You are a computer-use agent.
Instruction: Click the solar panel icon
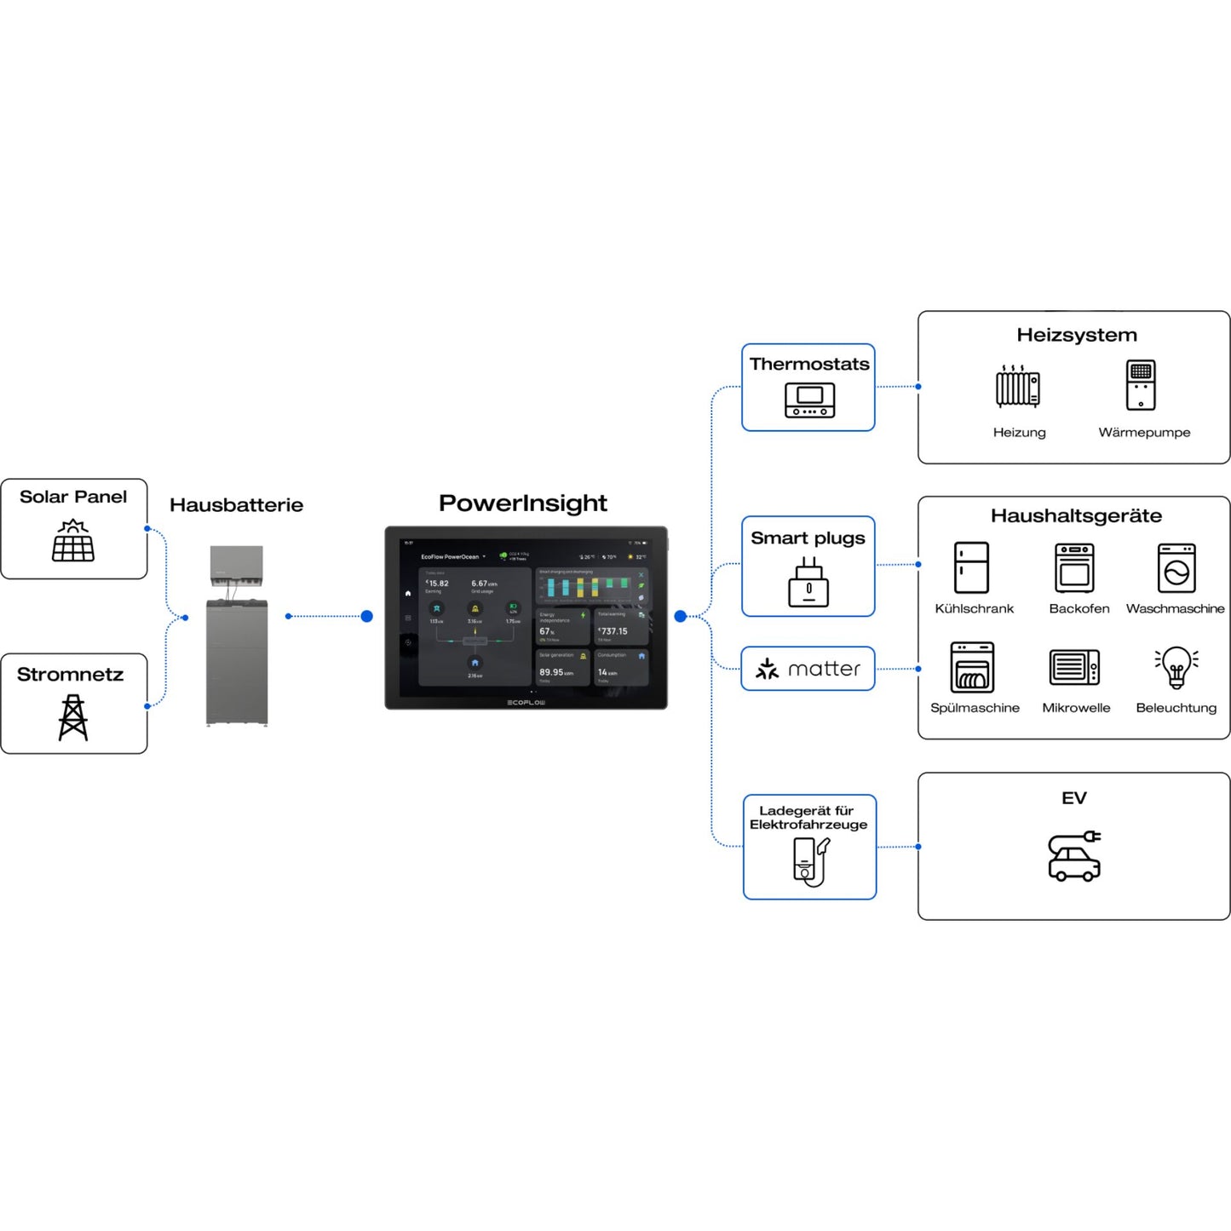pyautogui.click(x=73, y=541)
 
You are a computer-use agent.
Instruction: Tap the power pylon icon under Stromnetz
pyautogui.click(x=73, y=717)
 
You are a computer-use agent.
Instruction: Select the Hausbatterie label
pyautogui.click(x=236, y=505)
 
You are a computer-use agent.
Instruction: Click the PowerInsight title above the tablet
pyautogui.click(x=522, y=503)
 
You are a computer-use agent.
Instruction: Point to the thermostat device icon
pyautogui.click(x=809, y=400)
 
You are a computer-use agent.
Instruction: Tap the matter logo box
pyautogui.click(x=808, y=669)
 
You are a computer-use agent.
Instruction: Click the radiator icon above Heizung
pyautogui.click(x=1018, y=387)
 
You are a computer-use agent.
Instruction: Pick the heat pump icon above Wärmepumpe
pyautogui.click(x=1141, y=385)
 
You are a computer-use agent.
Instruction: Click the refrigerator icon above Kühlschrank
pyautogui.click(x=971, y=567)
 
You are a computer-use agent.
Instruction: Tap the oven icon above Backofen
pyautogui.click(x=1074, y=568)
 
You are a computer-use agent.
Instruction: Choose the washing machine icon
pyautogui.click(x=1176, y=568)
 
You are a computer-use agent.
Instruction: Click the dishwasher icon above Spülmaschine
pyautogui.click(x=972, y=667)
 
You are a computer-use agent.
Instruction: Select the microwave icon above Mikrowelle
pyautogui.click(x=1074, y=668)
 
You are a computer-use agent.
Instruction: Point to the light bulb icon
pyautogui.click(x=1176, y=667)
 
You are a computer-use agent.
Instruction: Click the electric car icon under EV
pyautogui.click(x=1074, y=857)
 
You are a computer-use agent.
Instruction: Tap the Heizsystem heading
pyautogui.click(x=1076, y=335)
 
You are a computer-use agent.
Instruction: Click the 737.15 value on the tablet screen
pyautogui.click(x=613, y=631)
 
